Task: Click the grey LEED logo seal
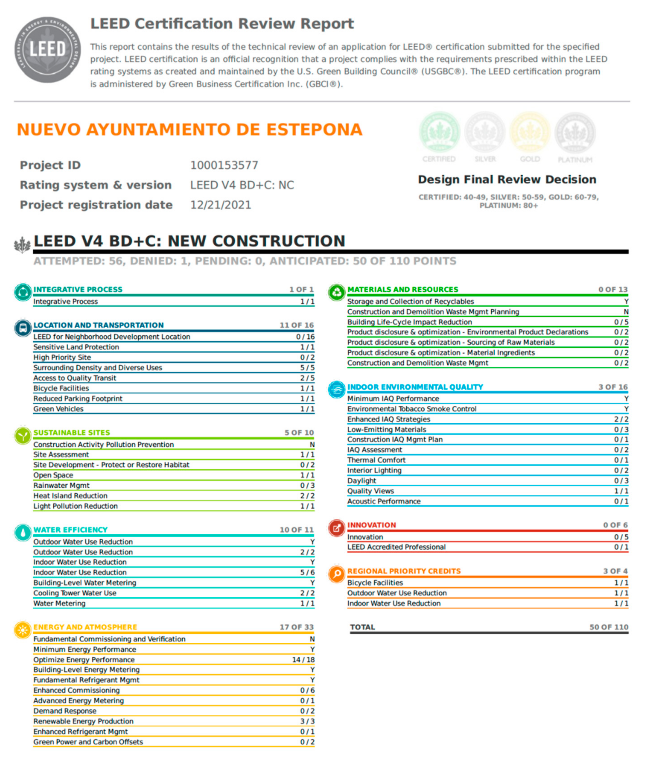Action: (48, 50)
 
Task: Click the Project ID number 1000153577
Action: (224, 165)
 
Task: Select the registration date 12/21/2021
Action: (221, 205)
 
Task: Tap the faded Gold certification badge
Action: (530, 133)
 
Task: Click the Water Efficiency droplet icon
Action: (23, 532)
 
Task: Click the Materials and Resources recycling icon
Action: (337, 292)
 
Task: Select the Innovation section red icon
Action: (337, 527)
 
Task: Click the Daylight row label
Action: (362, 481)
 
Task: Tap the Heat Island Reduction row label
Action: (70, 496)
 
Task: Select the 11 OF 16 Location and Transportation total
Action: (296, 325)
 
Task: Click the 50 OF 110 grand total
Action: (608, 627)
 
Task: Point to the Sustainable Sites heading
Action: (72, 433)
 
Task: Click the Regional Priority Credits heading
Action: (404, 571)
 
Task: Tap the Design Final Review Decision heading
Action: (507, 179)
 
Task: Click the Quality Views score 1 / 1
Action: (621, 491)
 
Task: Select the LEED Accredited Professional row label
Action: (396, 547)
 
